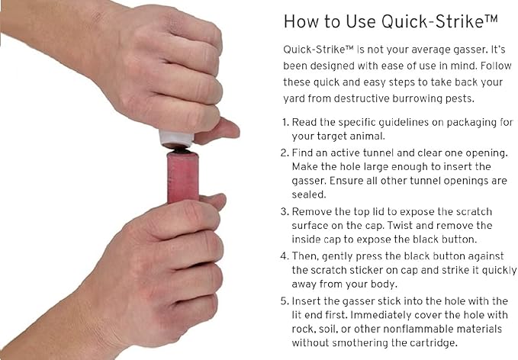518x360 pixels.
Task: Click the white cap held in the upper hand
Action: pos(175,140)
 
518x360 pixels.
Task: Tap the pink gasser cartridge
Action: pos(182,177)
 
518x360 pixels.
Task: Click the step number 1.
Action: pos(285,123)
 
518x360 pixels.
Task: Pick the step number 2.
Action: pos(285,153)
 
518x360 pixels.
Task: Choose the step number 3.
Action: pos(285,212)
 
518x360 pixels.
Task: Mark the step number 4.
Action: pos(285,256)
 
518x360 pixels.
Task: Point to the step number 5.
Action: pos(285,301)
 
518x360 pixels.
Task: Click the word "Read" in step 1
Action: pos(304,123)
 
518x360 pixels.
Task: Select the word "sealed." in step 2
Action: pos(308,194)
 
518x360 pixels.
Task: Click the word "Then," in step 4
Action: pos(305,256)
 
